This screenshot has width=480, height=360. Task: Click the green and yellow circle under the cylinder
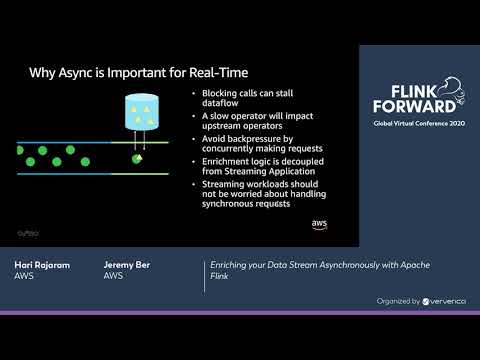point(137,158)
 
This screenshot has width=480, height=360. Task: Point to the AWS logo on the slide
point(319,223)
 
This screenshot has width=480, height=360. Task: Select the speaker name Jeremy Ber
point(127,265)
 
